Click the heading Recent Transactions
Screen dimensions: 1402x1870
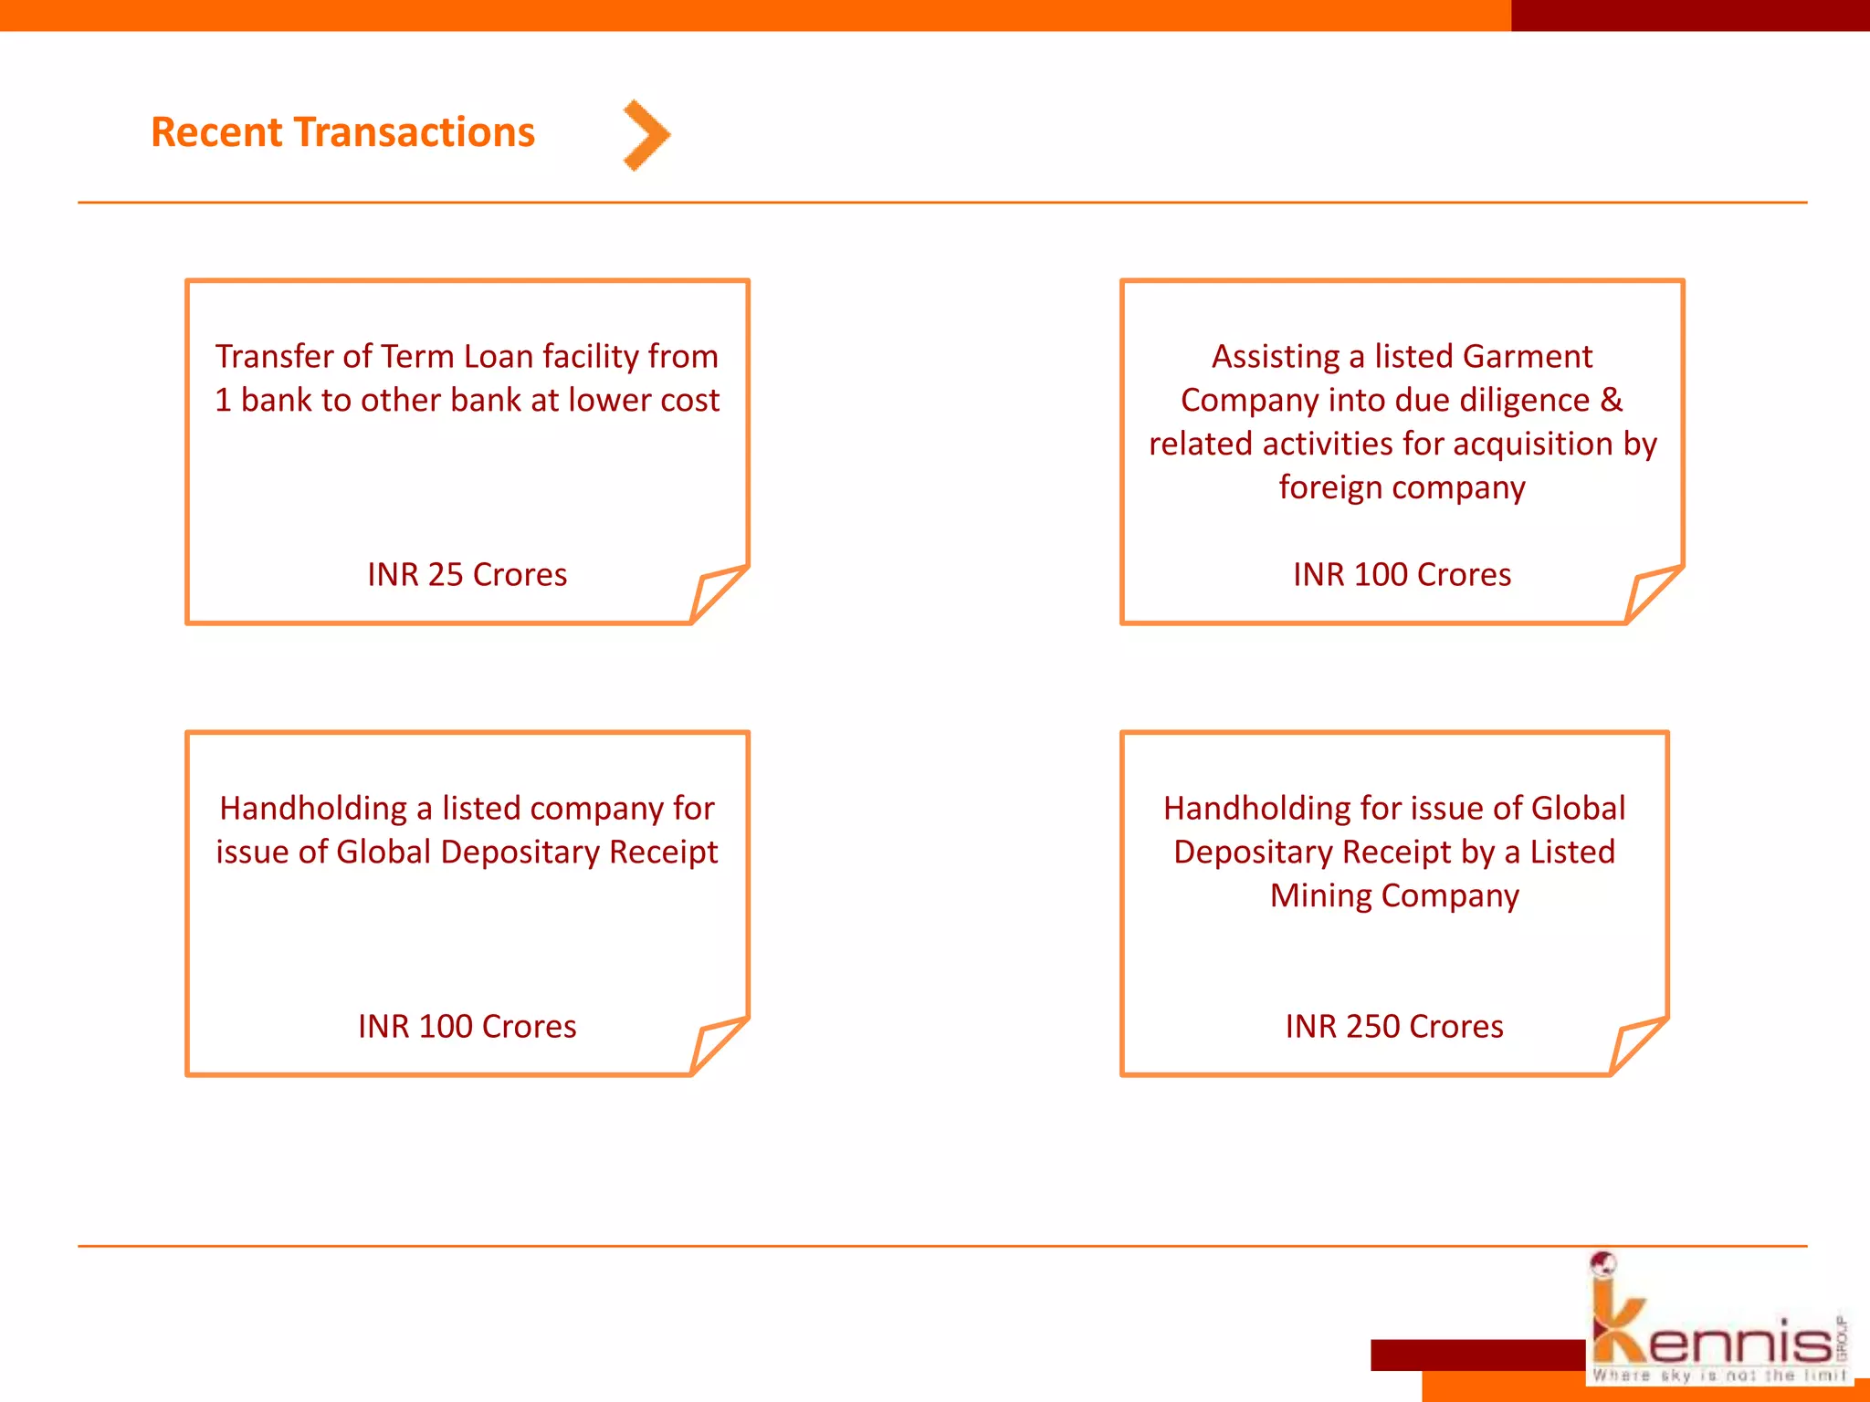tap(342, 132)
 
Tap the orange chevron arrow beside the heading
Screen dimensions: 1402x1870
tap(646, 135)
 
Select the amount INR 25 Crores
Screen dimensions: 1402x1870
tap(467, 575)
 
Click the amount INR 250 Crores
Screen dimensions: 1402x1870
tap(1393, 1027)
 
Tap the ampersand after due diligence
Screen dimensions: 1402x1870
tap(1612, 400)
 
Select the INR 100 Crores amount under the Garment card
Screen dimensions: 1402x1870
tap(1402, 575)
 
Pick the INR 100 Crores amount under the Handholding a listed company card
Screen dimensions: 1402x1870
tap(467, 1027)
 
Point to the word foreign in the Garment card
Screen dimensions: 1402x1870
tap(1329, 487)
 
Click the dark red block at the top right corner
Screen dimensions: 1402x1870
tap(1689, 15)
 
